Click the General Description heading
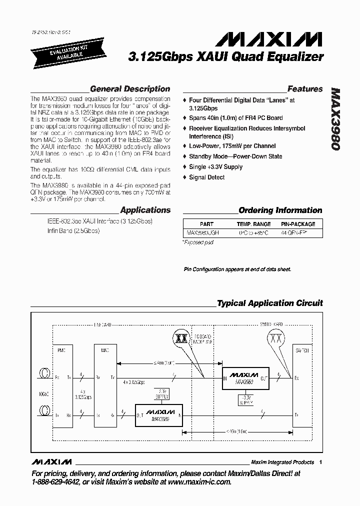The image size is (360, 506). [x=129, y=89]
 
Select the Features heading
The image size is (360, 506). [x=304, y=89]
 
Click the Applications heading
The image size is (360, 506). [x=145, y=210]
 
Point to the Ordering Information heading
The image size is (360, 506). [x=280, y=210]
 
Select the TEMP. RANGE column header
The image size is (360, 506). [x=253, y=224]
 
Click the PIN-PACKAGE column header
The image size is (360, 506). [x=298, y=224]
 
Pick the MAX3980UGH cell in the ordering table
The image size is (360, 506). [x=203, y=233]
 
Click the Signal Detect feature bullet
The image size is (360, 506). [x=206, y=177]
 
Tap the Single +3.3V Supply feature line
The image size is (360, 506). [x=215, y=167]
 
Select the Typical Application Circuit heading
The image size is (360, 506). [x=269, y=303]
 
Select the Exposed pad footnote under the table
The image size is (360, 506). [x=198, y=242]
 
